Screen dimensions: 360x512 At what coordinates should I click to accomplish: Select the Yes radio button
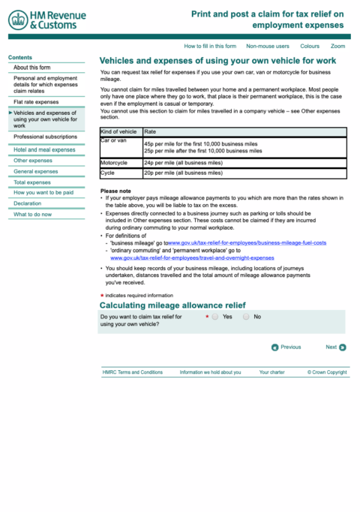tap(215, 317)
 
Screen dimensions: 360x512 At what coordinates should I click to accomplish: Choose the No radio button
tap(246, 317)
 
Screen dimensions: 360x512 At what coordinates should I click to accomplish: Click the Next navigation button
tap(342, 347)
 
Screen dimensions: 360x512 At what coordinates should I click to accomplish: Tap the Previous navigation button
tap(275, 347)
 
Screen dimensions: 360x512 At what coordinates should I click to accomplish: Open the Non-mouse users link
tap(267, 46)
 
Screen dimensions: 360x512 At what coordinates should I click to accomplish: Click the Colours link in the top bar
tap(309, 46)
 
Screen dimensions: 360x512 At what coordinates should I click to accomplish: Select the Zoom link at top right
tap(337, 46)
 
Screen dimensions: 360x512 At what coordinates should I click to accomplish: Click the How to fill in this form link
tap(210, 46)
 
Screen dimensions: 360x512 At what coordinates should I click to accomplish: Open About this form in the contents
tap(31, 68)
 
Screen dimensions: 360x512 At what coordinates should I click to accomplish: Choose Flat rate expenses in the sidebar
tap(36, 101)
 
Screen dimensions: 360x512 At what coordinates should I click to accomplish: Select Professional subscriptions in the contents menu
tap(45, 137)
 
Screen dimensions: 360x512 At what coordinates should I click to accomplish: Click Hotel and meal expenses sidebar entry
tap(44, 149)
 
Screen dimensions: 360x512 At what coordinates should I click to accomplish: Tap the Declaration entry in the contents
tap(28, 203)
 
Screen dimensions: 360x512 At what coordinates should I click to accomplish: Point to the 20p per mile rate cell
tap(183, 173)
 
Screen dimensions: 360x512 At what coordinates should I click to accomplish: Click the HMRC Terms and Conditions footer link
tap(132, 372)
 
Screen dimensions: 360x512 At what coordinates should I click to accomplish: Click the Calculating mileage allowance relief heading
tap(172, 305)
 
